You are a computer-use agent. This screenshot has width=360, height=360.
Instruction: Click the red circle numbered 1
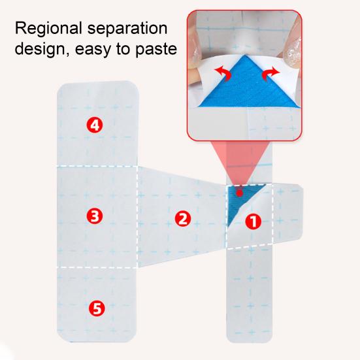click(x=254, y=221)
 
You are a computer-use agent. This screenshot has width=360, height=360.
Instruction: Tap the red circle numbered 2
click(x=183, y=219)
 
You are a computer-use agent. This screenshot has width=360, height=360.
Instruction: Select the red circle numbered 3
click(x=95, y=216)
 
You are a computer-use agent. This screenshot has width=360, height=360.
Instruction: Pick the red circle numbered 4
click(x=95, y=125)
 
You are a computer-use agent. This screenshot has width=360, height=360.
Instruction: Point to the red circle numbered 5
click(x=97, y=308)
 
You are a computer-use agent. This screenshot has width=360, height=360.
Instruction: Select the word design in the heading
click(x=42, y=50)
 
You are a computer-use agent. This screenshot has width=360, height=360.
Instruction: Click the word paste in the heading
click(x=156, y=50)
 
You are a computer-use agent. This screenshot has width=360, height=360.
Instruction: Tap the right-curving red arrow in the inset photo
click(x=271, y=73)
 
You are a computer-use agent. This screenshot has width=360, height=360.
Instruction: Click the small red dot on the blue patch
click(x=240, y=193)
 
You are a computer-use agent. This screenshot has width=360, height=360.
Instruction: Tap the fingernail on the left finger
click(x=196, y=55)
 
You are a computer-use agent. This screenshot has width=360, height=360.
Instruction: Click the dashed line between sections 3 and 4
click(x=97, y=166)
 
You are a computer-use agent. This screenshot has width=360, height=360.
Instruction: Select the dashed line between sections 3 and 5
click(x=97, y=267)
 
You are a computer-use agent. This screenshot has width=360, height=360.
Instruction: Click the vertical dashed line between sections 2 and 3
click(x=137, y=217)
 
